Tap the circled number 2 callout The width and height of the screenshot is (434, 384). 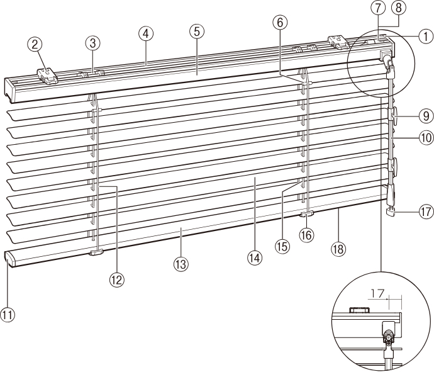point(35,45)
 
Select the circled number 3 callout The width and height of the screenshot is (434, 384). point(92,43)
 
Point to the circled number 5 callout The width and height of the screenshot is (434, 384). point(197,31)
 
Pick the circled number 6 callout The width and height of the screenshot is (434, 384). point(280,23)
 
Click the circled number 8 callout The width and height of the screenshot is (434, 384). point(399,8)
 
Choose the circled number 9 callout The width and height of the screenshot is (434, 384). point(426,116)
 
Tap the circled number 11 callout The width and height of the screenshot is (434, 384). point(8,315)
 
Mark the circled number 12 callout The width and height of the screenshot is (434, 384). point(117,280)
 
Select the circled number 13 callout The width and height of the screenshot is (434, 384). point(181,264)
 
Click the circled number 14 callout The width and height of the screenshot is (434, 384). point(255,258)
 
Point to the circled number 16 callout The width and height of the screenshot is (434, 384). point(306,235)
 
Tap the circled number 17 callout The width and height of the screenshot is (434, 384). point(426,212)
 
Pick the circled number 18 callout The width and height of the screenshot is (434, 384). point(338,249)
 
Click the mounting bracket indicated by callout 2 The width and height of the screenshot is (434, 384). point(48,76)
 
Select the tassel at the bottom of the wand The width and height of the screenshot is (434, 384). point(390,212)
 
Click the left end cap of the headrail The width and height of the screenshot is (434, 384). point(10,90)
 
